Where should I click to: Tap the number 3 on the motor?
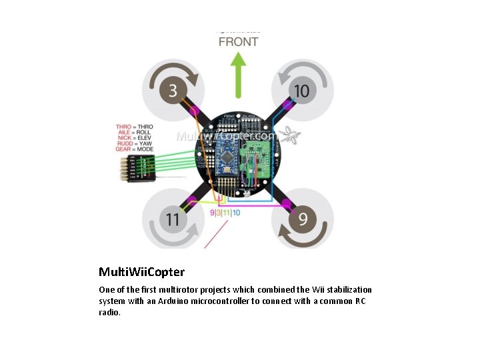pyautogui.click(x=173, y=90)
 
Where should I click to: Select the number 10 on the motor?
pyautogui.click(x=301, y=90)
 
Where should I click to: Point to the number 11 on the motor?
pyautogui.click(x=173, y=219)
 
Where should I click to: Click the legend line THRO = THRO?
pyautogui.click(x=134, y=127)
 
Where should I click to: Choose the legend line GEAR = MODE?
pyautogui.click(x=134, y=149)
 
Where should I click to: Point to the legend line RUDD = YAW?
pyautogui.click(x=134, y=143)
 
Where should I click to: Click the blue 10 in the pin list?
pyautogui.click(x=237, y=213)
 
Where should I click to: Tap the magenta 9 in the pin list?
pyautogui.click(x=213, y=213)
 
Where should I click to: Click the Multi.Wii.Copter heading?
pyautogui.click(x=141, y=272)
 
